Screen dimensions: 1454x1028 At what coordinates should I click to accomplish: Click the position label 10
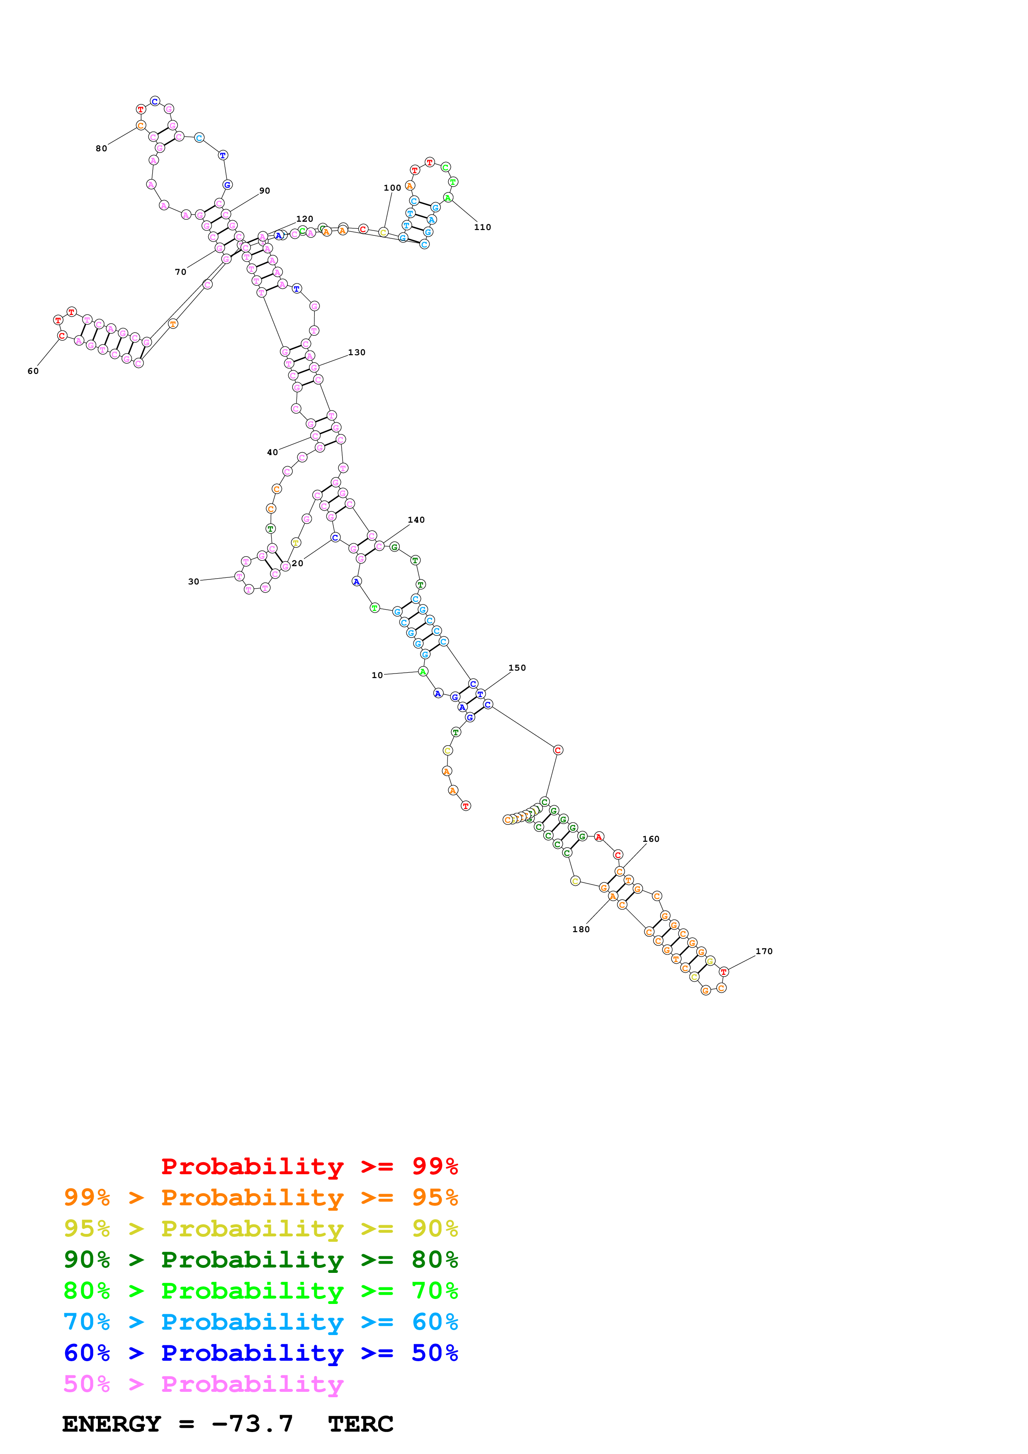(x=377, y=675)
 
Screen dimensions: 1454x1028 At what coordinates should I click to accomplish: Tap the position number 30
(x=193, y=582)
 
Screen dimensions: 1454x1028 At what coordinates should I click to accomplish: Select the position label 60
(x=33, y=371)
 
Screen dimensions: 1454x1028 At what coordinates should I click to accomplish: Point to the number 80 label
(x=101, y=149)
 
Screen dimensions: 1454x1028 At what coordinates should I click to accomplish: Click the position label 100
(x=392, y=188)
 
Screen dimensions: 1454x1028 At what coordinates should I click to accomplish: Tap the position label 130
(x=357, y=353)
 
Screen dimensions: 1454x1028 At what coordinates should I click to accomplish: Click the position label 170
(x=764, y=951)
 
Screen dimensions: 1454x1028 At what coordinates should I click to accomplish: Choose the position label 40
(x=272, y=453)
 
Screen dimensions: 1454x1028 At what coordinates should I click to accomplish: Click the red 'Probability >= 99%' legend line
(x=309, y=1166)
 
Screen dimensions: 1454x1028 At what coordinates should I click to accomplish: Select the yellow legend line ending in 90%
(x=260, y=1229)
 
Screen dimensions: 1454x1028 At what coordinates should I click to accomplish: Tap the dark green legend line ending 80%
(x=260, y=1260)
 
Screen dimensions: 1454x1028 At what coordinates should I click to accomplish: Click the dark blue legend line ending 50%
(x=260, y=1353)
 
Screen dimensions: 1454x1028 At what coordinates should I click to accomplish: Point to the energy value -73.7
(x=252, y=1424)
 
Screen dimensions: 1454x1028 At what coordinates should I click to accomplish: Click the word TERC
(x=360, y=1424)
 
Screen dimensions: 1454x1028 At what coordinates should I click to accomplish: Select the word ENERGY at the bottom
(x=112, y=1424)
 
